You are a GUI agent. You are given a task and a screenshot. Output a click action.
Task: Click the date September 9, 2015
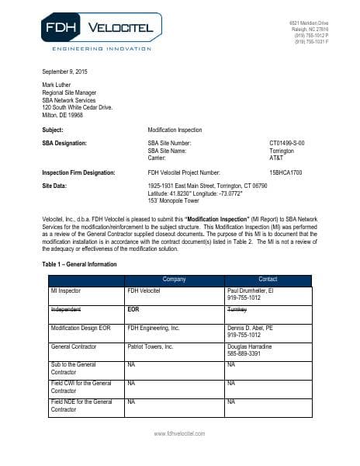pos(65,72)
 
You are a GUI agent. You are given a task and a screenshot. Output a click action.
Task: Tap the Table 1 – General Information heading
pos(79,264)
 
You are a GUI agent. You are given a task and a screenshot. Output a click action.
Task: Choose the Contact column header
pos(267,279)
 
